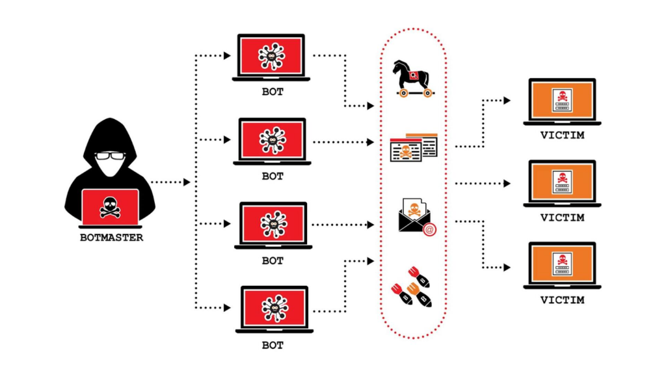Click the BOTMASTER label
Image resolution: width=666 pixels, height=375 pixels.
coord(111,238)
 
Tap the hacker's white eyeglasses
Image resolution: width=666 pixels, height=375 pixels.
coord(110,157)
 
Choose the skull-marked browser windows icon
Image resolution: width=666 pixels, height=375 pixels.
coord(413,148)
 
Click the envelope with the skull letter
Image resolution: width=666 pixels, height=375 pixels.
coord(414,217)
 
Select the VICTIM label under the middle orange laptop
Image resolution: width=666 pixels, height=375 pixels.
coord(562,217)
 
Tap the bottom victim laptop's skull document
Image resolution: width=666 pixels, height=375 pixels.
coord(561,264)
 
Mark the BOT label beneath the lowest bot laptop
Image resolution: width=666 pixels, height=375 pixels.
coord(273,345)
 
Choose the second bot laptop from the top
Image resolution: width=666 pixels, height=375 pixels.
coord(273,140)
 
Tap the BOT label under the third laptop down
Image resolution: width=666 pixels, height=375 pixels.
coord(273,260)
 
